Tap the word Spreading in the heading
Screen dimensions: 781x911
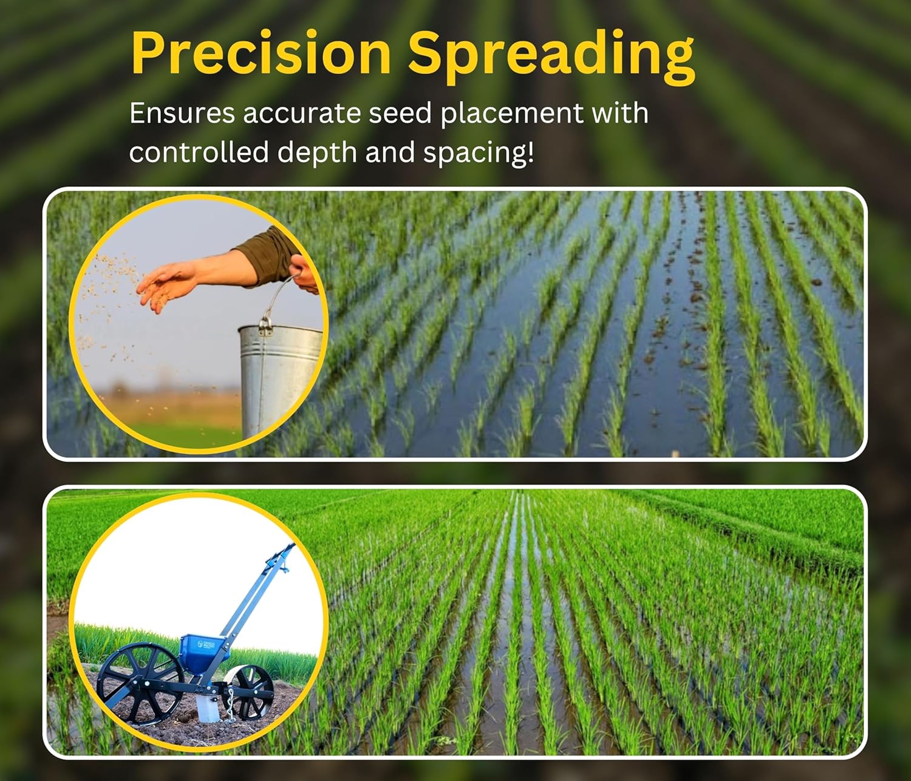pos(551,55)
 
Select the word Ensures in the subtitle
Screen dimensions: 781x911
pos(182,114)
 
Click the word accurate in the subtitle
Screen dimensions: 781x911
pos(302,114)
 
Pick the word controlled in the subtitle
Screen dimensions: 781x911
pos(199,152)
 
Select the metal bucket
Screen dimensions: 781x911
pos(279,377)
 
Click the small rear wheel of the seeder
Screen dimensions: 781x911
pos(250,692)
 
